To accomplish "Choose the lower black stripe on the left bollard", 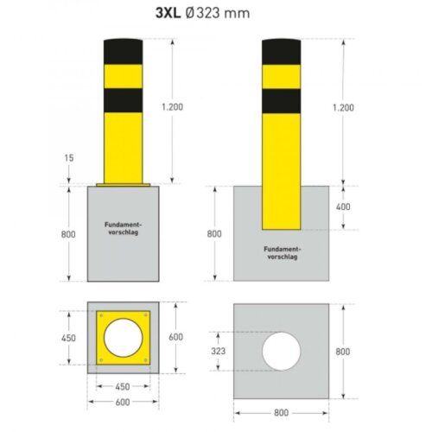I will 126,101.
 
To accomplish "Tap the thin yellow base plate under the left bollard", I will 126,184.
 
